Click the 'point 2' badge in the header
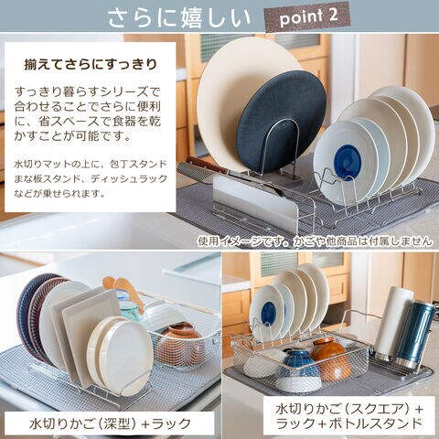tap(308, 17)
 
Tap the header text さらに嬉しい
tap(179, 17)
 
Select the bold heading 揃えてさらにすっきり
tap(91, 65)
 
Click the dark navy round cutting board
tap(281, 121)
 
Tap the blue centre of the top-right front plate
tap(348, 159)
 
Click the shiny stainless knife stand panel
tap(254, 201)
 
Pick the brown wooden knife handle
tap(203, 165)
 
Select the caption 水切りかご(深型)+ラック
tap(110, 423)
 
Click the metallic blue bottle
tap(414, 334)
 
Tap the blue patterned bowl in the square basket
tap(300, 366)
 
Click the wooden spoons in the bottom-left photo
tap(123, 290)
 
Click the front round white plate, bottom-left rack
tap(125, 357)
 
